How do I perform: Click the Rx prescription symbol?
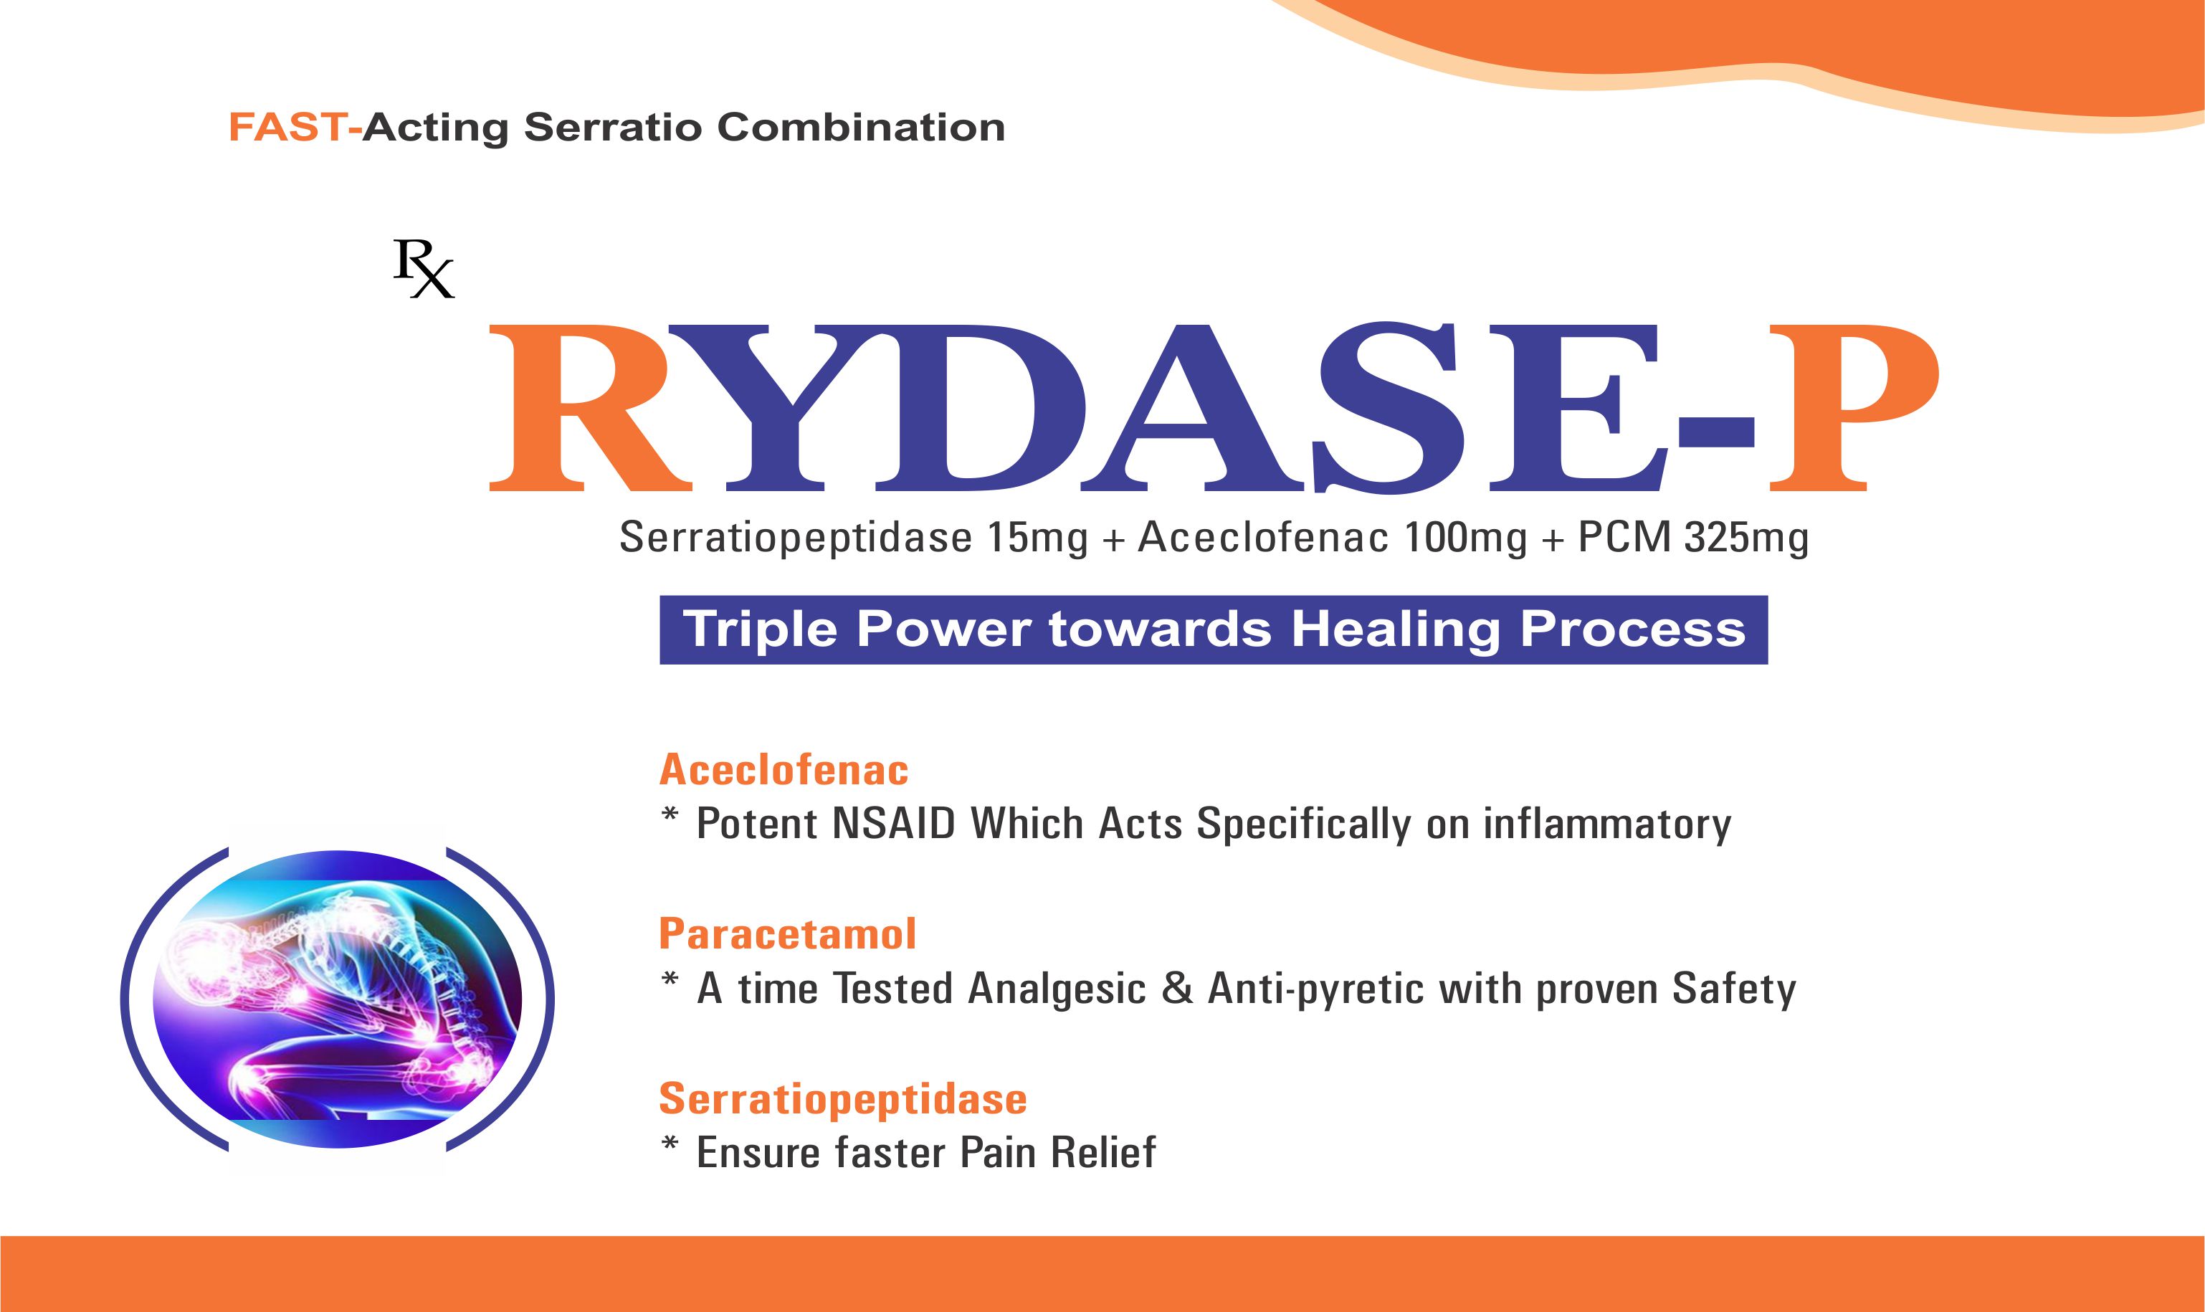(424, 269)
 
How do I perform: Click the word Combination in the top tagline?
(861, 128)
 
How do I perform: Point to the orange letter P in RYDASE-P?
(1852, 407)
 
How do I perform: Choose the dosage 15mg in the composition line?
(1037, 538)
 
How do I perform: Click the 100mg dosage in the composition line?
(1465, 538)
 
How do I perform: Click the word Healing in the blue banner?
(1396, 630)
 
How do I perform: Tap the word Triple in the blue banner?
(760, 630)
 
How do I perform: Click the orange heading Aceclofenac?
(784, 769)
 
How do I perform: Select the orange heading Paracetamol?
(787, 934)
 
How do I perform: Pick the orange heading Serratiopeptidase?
(843, 1100)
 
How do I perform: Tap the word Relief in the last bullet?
(1103, 1152)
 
